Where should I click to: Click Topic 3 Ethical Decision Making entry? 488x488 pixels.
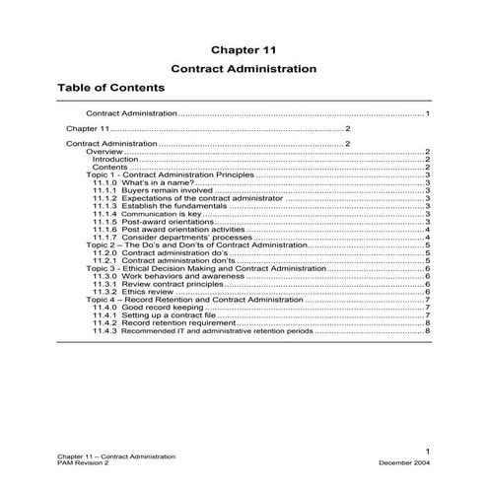pyautogui.click(x=212, y=268)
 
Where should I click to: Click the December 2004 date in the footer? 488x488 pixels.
pyautogui.click(x=404, y=461)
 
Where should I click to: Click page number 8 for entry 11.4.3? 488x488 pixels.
pyautogui.click(x=428, y=330)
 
